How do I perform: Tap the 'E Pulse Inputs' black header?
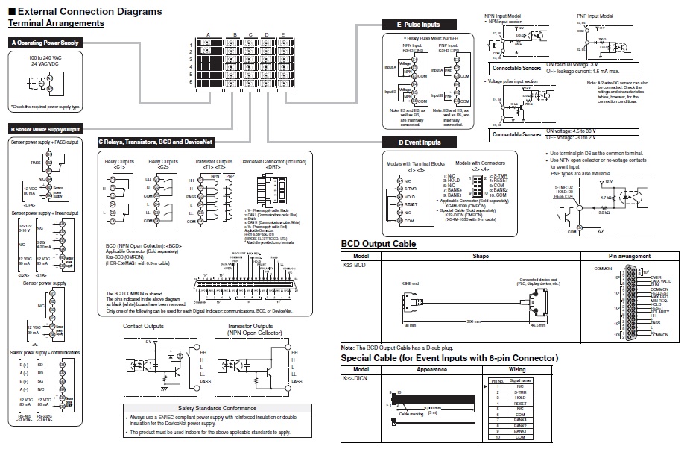click(x=416, y=25)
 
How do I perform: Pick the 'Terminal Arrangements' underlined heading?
click(x=56, y=24)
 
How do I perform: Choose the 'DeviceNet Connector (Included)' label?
click(x=263, y=161)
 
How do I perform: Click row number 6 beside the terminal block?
click(x=192, y=81)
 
